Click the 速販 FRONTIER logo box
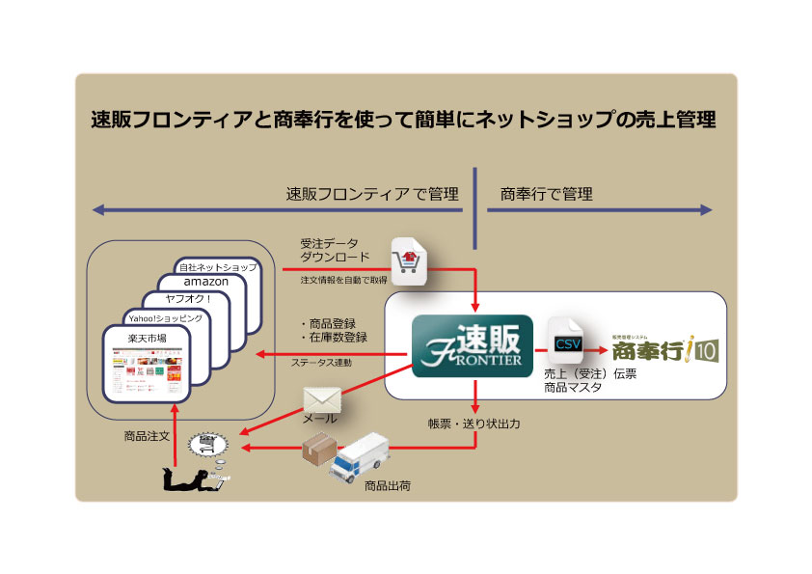[x=470, y=344]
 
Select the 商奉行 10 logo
[x=664, y=346]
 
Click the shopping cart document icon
[x=408, y=260]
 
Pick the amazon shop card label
[x=205, y=281]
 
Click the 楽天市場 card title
[x=147, y=338]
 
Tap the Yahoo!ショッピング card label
[x=165, y=317]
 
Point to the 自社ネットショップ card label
[x=217, y=266]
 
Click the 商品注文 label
[x=148, y=436]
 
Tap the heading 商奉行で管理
[x=546, y=195]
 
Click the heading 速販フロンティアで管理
[x=372, y=195]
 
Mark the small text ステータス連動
[x=322, y=363]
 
